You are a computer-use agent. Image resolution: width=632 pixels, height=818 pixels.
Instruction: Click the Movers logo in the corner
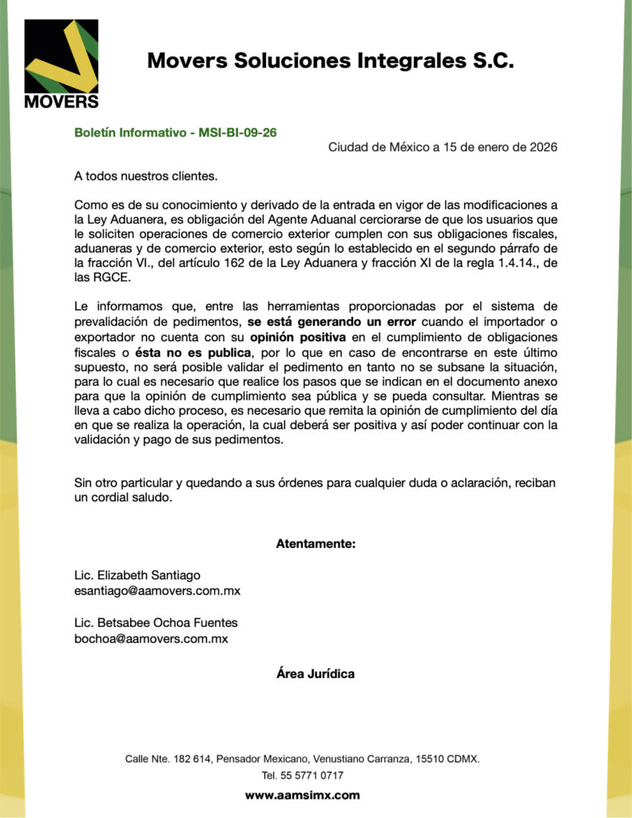click(x=62, y=64)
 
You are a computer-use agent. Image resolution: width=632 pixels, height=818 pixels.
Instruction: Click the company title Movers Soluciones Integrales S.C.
click(x=330, y=61)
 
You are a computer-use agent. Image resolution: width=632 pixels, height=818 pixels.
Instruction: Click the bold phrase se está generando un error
click(x=332, y=322)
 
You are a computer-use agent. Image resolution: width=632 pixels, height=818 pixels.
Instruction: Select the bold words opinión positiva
click(x=298, y=336)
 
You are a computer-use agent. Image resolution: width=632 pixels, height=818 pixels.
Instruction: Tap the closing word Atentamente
click(x=316, y=544)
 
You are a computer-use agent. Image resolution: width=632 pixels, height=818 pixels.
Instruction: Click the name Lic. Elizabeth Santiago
click(x=137, y=575)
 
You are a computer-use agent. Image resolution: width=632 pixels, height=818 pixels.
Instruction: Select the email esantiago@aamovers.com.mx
click(x=157, y=591)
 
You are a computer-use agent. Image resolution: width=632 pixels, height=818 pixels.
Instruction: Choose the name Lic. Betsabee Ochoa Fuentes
click(x=156, y=622)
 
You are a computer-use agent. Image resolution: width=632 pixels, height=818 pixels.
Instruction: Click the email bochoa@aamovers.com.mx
click(x=151, y=639)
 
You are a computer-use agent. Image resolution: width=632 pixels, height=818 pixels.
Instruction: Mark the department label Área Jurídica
click(x=316, y=673)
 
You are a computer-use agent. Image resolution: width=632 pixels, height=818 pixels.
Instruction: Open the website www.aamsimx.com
click(x=302, y=795)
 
